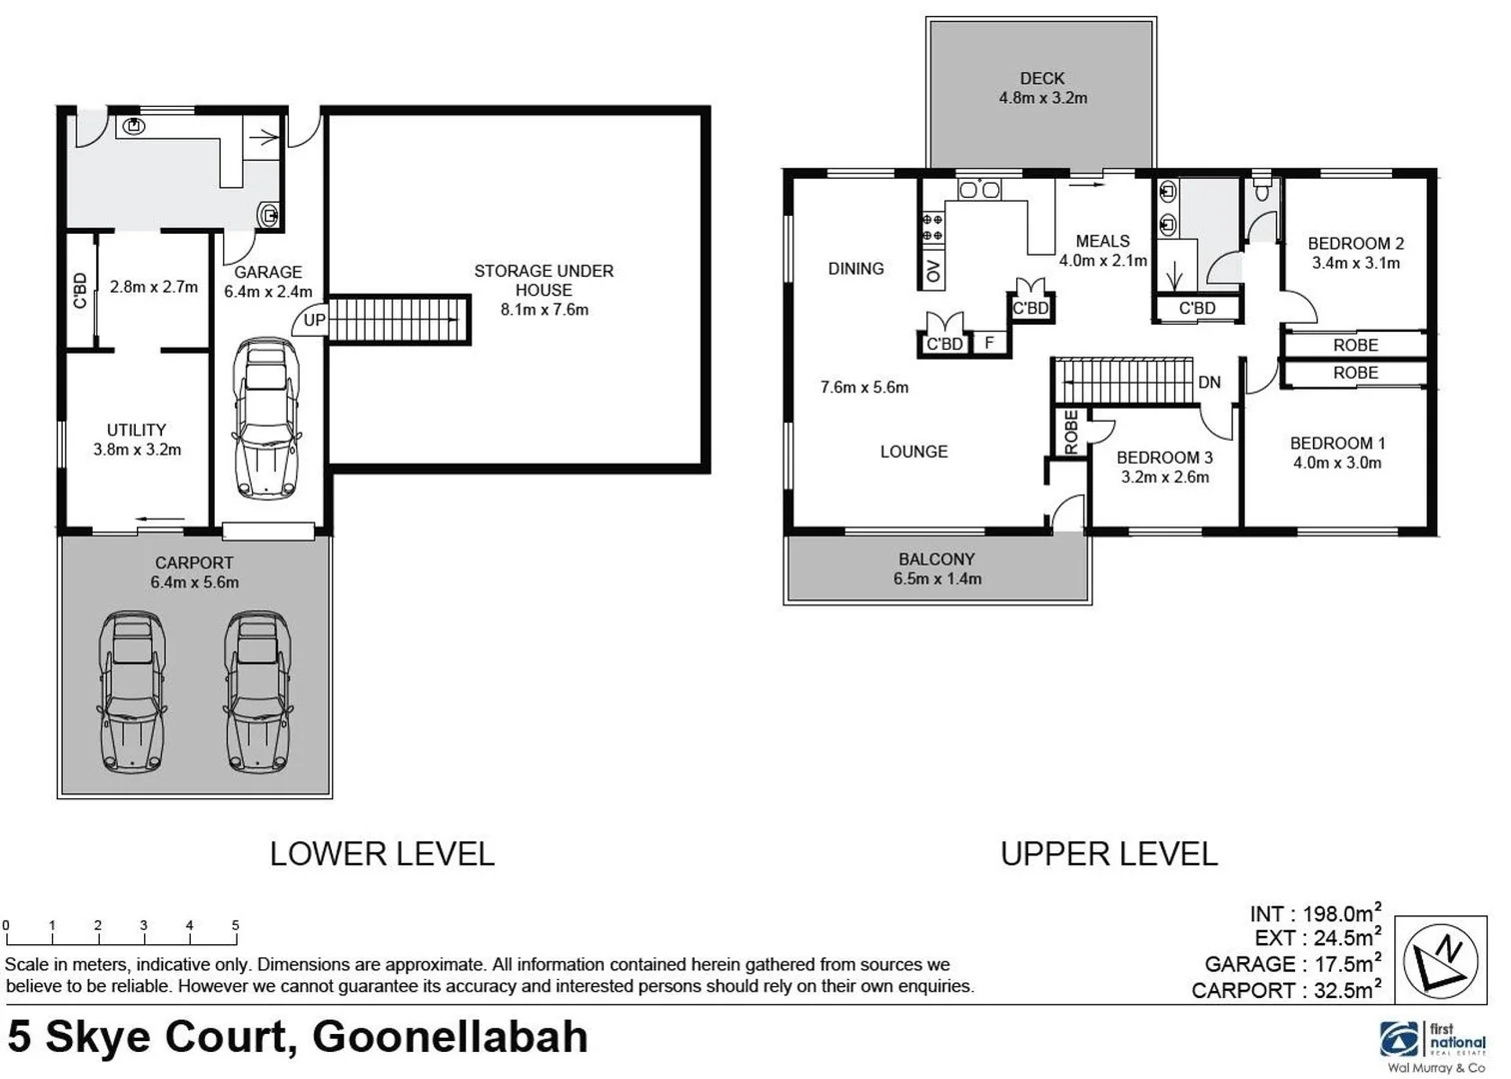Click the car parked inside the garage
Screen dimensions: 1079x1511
click(x=266, y=419)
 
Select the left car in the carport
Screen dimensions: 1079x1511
click(x=132, y=691)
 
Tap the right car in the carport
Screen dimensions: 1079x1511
click(x=258, y=691)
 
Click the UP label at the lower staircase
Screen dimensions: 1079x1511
click(x=314, y=321)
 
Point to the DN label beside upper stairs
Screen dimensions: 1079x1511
click(x=1209, y=383)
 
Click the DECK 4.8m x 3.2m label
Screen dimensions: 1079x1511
click(x=1042, y=88)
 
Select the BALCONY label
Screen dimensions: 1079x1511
click(x=936, y=559)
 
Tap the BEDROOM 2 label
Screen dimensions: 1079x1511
click(x=1355, y=244)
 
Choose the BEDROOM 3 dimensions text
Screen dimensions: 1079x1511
click(x=1165, y=478)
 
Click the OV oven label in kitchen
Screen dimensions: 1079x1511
click(x=933, y=271)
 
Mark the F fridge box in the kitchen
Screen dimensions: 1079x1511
click(x=989, y=344)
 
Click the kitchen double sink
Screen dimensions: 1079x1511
click(x=978, y=190)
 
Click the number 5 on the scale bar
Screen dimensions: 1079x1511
click(x=236, y=925)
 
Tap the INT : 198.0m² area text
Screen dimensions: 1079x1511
click(x=1315, y=913)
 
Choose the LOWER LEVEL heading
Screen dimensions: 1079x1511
click(x=382, y=854)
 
